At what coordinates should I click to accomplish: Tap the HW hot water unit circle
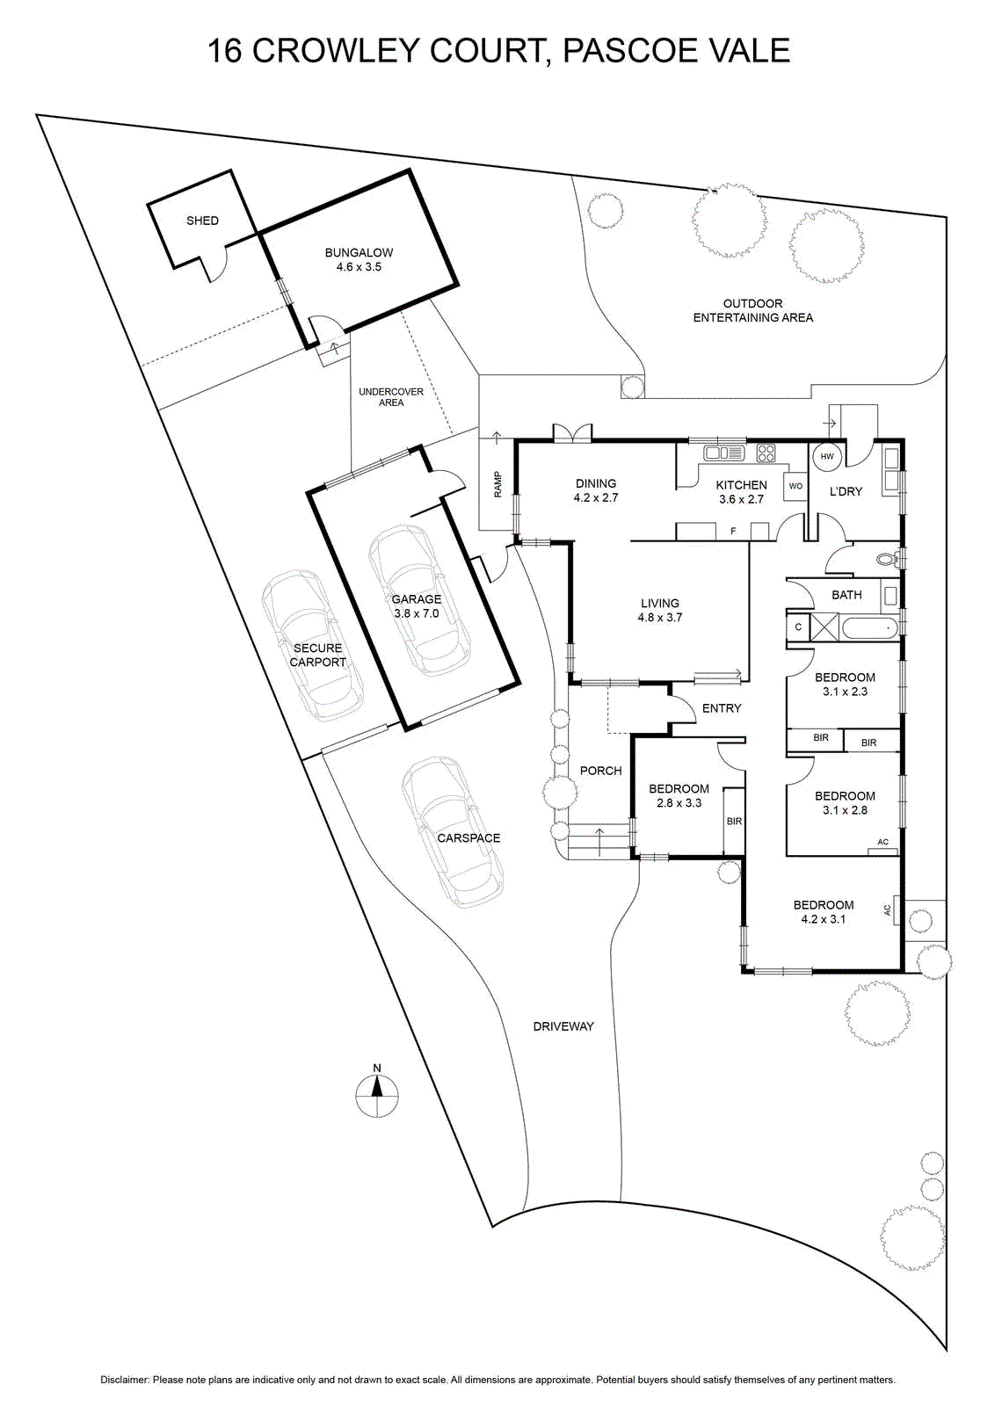point(827,456)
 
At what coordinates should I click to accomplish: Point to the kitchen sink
point(723,452)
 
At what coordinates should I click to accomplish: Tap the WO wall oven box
point(795,486)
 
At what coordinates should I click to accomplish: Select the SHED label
point(202,221)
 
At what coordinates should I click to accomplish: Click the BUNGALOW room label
point(359,252)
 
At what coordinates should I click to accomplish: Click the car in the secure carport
point(313,645)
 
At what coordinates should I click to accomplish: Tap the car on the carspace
point(454,832)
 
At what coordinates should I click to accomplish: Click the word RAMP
point(497,484)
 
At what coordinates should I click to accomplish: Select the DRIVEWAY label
point(563,1026)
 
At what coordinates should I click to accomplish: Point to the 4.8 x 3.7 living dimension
point(660,617)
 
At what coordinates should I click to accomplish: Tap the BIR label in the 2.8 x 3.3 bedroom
point(734,821)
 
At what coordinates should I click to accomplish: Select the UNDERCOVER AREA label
point(391,396)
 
